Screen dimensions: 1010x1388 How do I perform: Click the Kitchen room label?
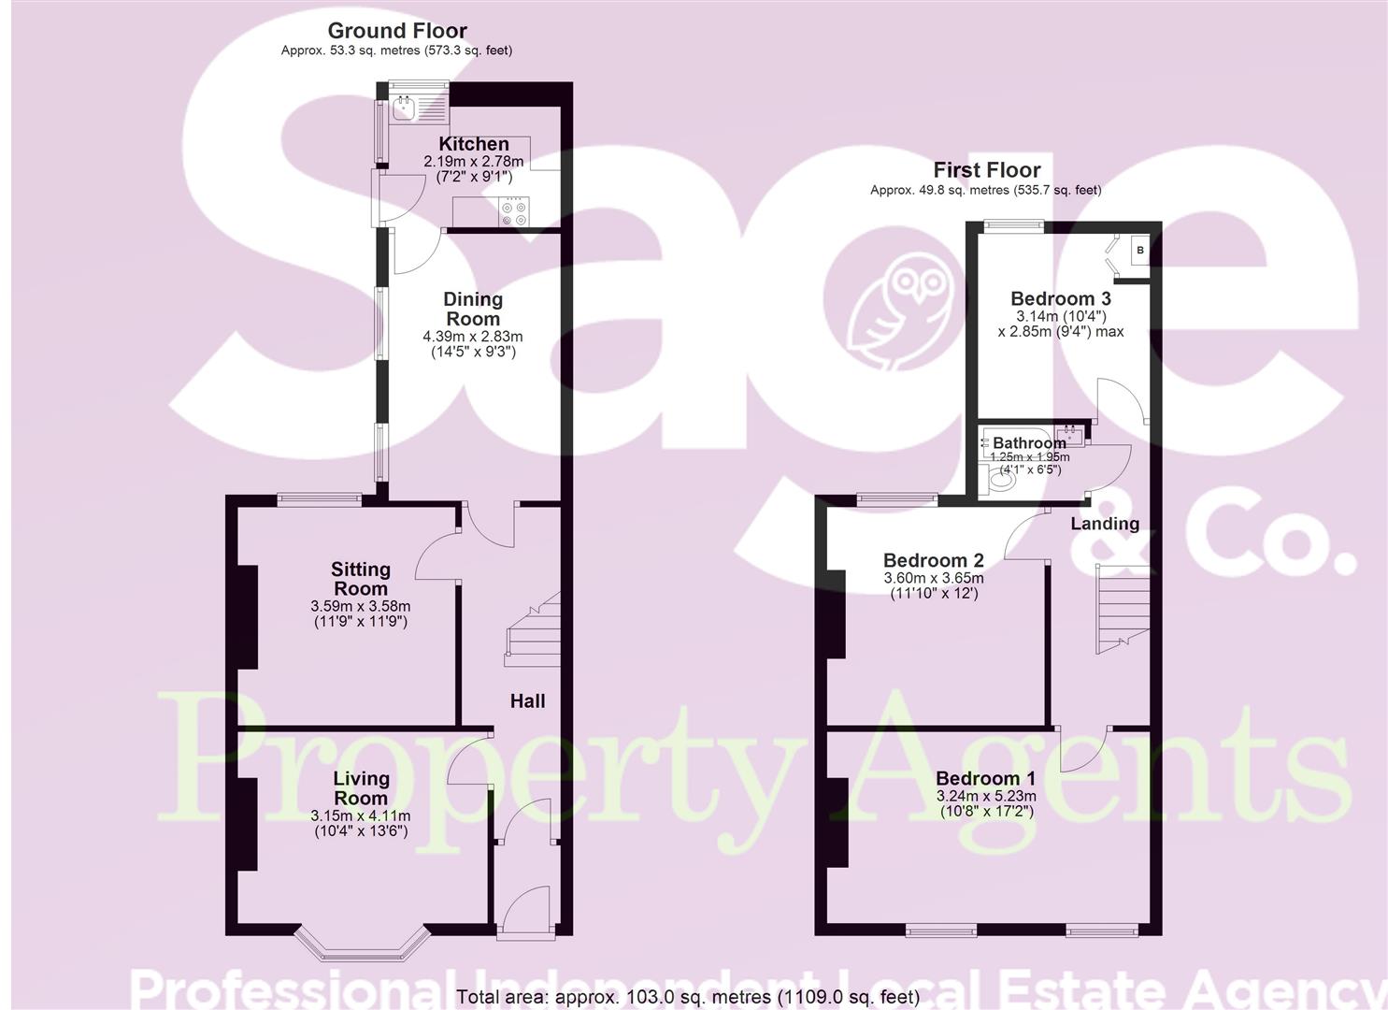click(474, 144)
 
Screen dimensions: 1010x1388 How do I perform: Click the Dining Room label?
click(473, 309)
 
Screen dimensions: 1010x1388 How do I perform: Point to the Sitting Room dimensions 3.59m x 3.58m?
click(361, 606)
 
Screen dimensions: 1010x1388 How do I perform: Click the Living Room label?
click(361, 787)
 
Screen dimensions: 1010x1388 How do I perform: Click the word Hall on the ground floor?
click(527, 700)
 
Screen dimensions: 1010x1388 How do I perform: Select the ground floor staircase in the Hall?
click(534, 631)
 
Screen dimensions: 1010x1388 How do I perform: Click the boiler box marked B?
click(1140, 251)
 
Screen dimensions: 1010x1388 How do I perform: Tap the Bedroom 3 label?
click(1061, 298)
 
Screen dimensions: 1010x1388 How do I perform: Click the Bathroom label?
click(1029, 442)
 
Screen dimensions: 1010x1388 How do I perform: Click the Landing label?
click(1105, 524)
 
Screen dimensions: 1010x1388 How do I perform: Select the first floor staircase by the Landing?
click(1121, 608)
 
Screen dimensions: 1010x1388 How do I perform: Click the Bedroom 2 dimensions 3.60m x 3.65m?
click(934, 578)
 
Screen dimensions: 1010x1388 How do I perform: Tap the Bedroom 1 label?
click(985, 778)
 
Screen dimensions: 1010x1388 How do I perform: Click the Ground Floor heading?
click(397, 31)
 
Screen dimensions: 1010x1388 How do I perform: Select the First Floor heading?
click(986, 170)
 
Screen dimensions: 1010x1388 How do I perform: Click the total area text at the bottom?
click(688, 997)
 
